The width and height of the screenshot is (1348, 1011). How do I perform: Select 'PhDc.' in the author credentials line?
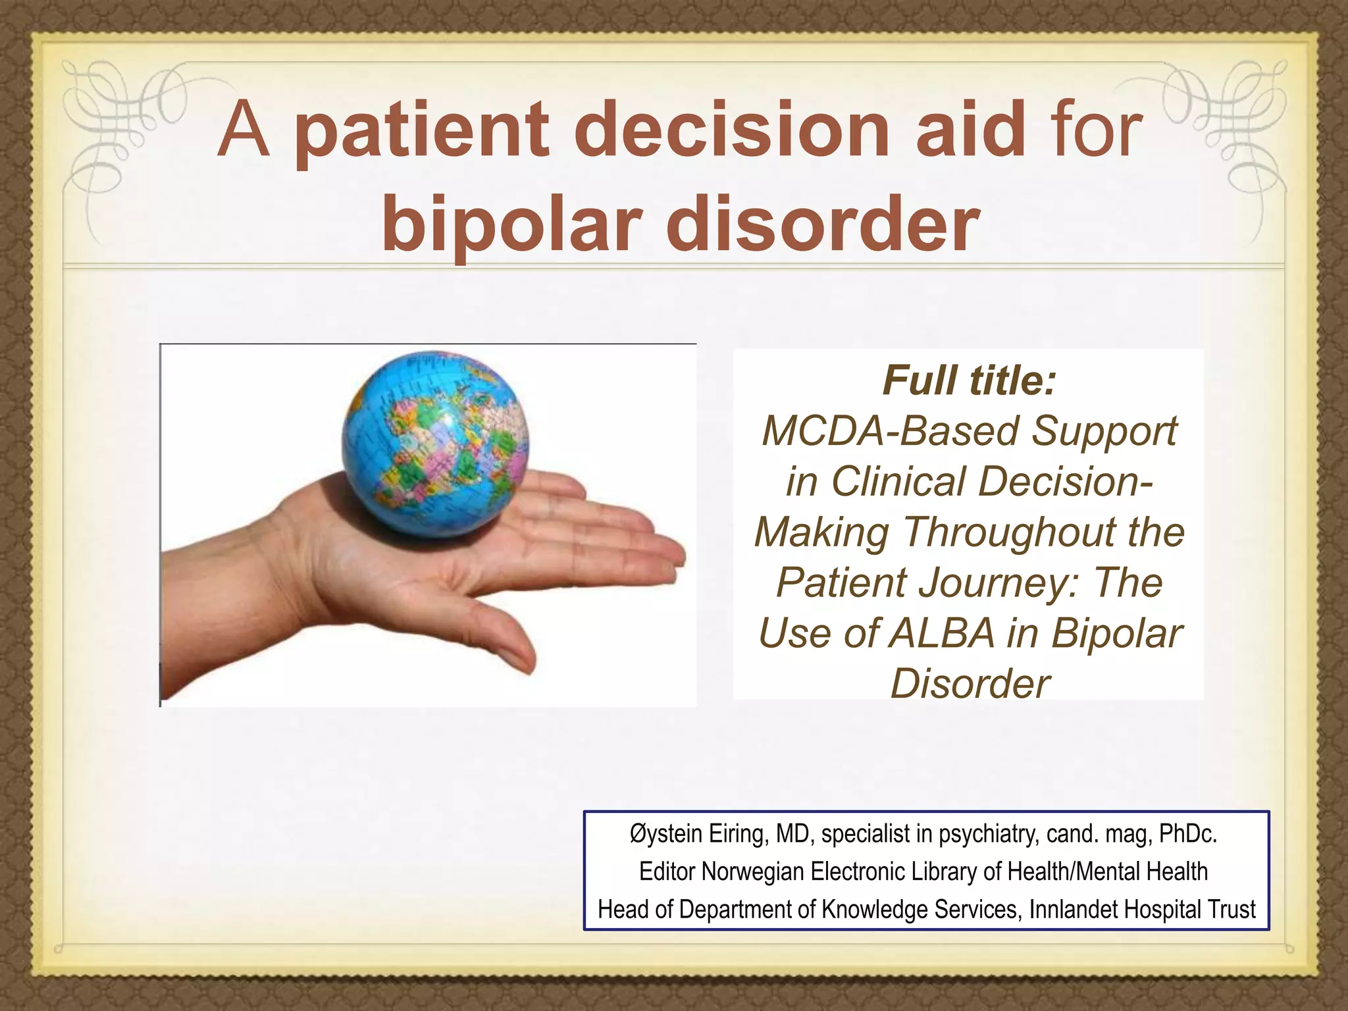(1187, 834)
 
